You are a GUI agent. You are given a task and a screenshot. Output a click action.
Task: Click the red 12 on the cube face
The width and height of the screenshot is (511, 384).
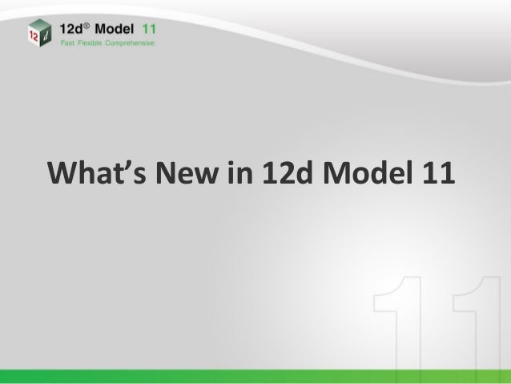pos(31,34)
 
